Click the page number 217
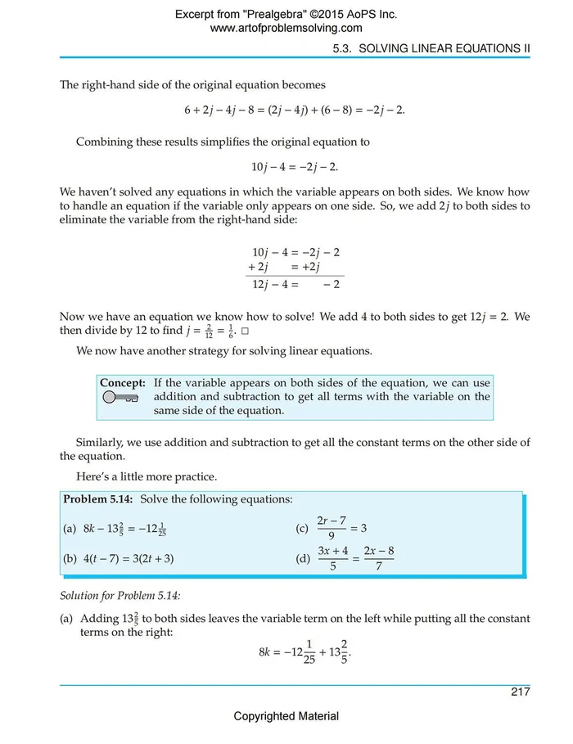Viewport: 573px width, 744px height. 520,692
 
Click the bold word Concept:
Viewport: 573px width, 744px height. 123,382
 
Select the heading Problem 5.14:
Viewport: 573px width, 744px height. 99,499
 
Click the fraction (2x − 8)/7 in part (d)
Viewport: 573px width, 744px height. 379,559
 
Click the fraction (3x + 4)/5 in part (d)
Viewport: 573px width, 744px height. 333,559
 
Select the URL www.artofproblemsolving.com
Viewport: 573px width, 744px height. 286,28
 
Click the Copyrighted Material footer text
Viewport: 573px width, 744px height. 286,716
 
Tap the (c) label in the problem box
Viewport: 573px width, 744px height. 302,529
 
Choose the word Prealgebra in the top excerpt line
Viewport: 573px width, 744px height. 278,14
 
